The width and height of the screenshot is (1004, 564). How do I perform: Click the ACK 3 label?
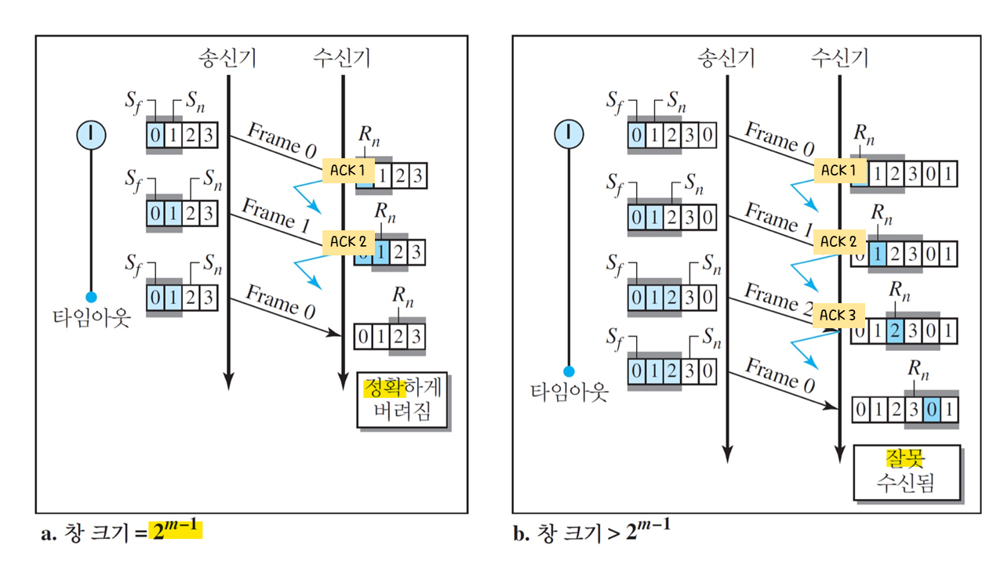tap(838, 315)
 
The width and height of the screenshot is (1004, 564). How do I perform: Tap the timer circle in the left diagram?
tap(91, 135)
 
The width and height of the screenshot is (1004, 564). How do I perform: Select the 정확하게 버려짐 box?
tap(402, 399)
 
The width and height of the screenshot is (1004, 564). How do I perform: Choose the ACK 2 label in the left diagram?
tap(348, 242)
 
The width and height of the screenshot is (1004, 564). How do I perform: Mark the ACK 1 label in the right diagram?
tap(838, 170)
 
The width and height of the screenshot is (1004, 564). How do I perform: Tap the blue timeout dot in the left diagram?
tap(91, 297)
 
